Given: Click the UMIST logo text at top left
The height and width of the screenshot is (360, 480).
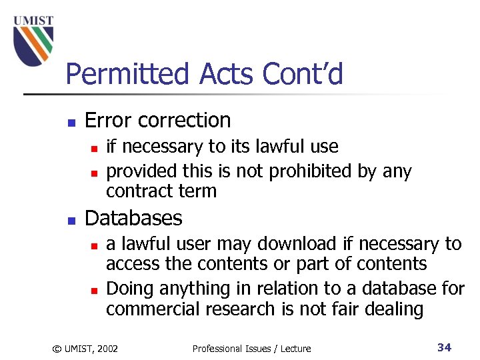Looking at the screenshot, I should [34, 21].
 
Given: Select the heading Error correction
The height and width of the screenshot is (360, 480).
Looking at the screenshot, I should [158, 121].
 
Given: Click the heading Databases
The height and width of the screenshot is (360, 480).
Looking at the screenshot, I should [133, 218].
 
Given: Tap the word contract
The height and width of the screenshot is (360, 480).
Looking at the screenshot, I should [138, 191].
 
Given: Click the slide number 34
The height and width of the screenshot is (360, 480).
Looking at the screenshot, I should [444, 347].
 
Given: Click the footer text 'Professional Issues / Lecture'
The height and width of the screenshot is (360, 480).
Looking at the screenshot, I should [251, 347].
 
